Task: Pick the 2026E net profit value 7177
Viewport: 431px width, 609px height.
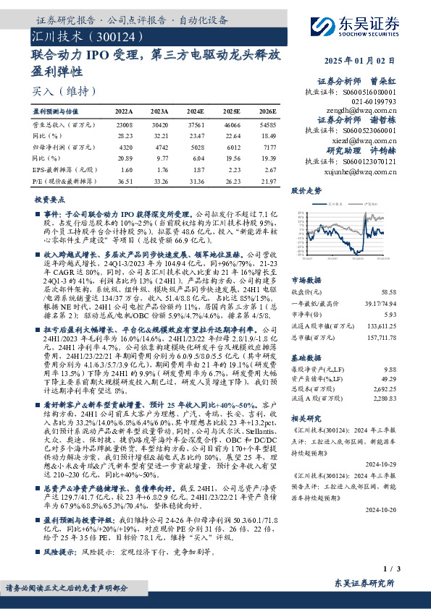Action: [x=267, y=147]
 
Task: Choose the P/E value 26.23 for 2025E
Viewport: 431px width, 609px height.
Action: [x=233, y=179]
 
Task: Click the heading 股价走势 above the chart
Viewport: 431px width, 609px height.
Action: [x=306, y=192]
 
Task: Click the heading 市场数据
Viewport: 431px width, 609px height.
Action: [x=307, y=279]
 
